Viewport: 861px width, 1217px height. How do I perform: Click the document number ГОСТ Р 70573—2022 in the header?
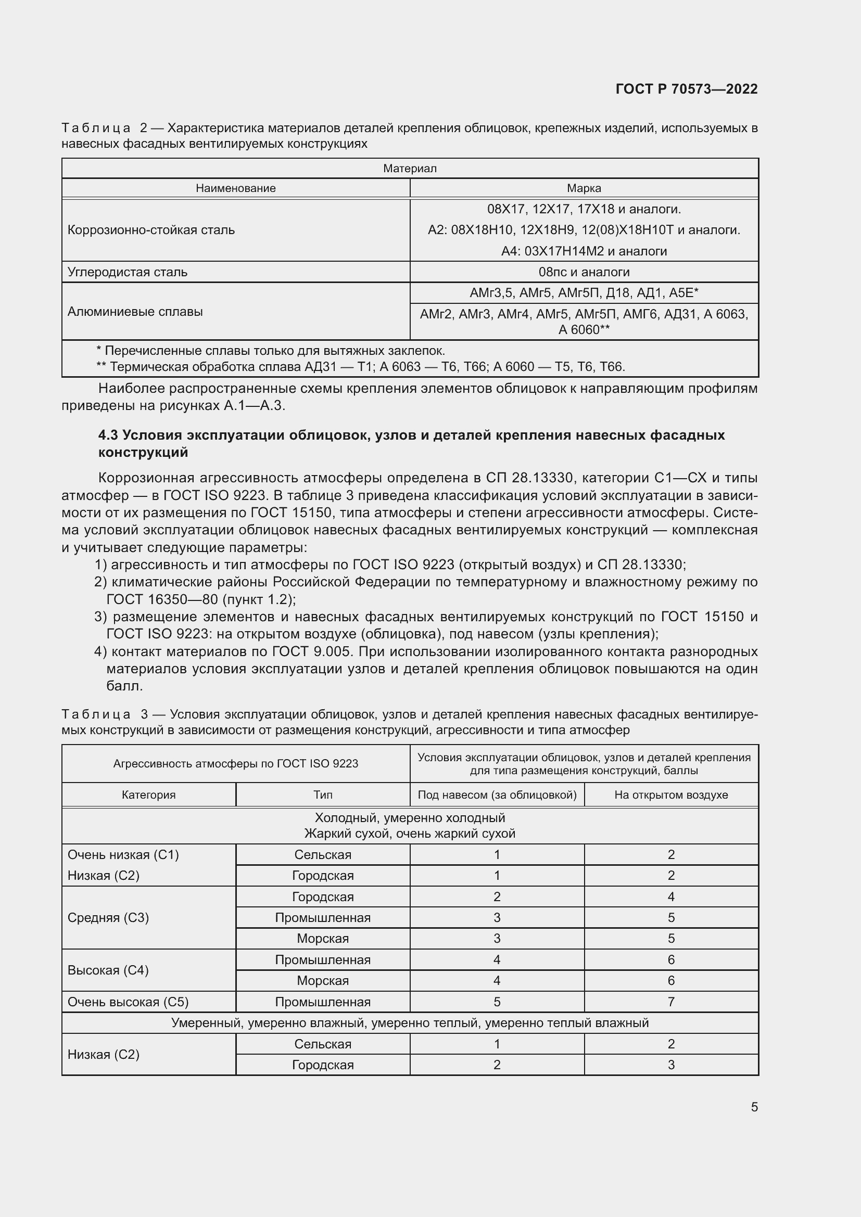coord(686,89)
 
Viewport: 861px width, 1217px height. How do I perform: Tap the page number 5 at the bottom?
coord(754,1107)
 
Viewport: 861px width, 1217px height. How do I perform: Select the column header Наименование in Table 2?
coord(235,188)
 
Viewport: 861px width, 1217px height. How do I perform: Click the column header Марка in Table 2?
coord(584,188)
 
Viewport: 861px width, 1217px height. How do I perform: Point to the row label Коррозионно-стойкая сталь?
coord(151,230)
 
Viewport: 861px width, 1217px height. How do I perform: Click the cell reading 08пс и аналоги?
coord(584,272)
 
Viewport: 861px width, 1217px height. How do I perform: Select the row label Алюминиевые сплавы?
coord(135,312)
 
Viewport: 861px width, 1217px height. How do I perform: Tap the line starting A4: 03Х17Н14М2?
coord(584,251)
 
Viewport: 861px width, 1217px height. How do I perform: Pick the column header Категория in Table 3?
coord(148,795)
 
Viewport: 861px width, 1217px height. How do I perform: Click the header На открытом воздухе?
coord(670,795)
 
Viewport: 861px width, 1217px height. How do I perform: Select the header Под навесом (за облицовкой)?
coord(497,795)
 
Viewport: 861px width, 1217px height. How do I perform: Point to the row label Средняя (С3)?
coord(108,917)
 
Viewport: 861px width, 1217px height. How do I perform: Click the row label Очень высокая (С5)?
coord(128,1002)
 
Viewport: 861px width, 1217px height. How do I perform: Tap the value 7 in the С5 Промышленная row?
coord(670,1002)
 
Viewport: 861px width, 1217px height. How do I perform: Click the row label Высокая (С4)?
coord(108,970)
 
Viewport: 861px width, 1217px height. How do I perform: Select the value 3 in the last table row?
coord(670,1065)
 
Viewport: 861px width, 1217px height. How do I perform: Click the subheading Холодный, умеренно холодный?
coord(410,818)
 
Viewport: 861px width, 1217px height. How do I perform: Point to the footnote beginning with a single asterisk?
coord(270,351)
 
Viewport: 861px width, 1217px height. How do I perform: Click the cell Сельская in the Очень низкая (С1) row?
coord(322,854)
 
